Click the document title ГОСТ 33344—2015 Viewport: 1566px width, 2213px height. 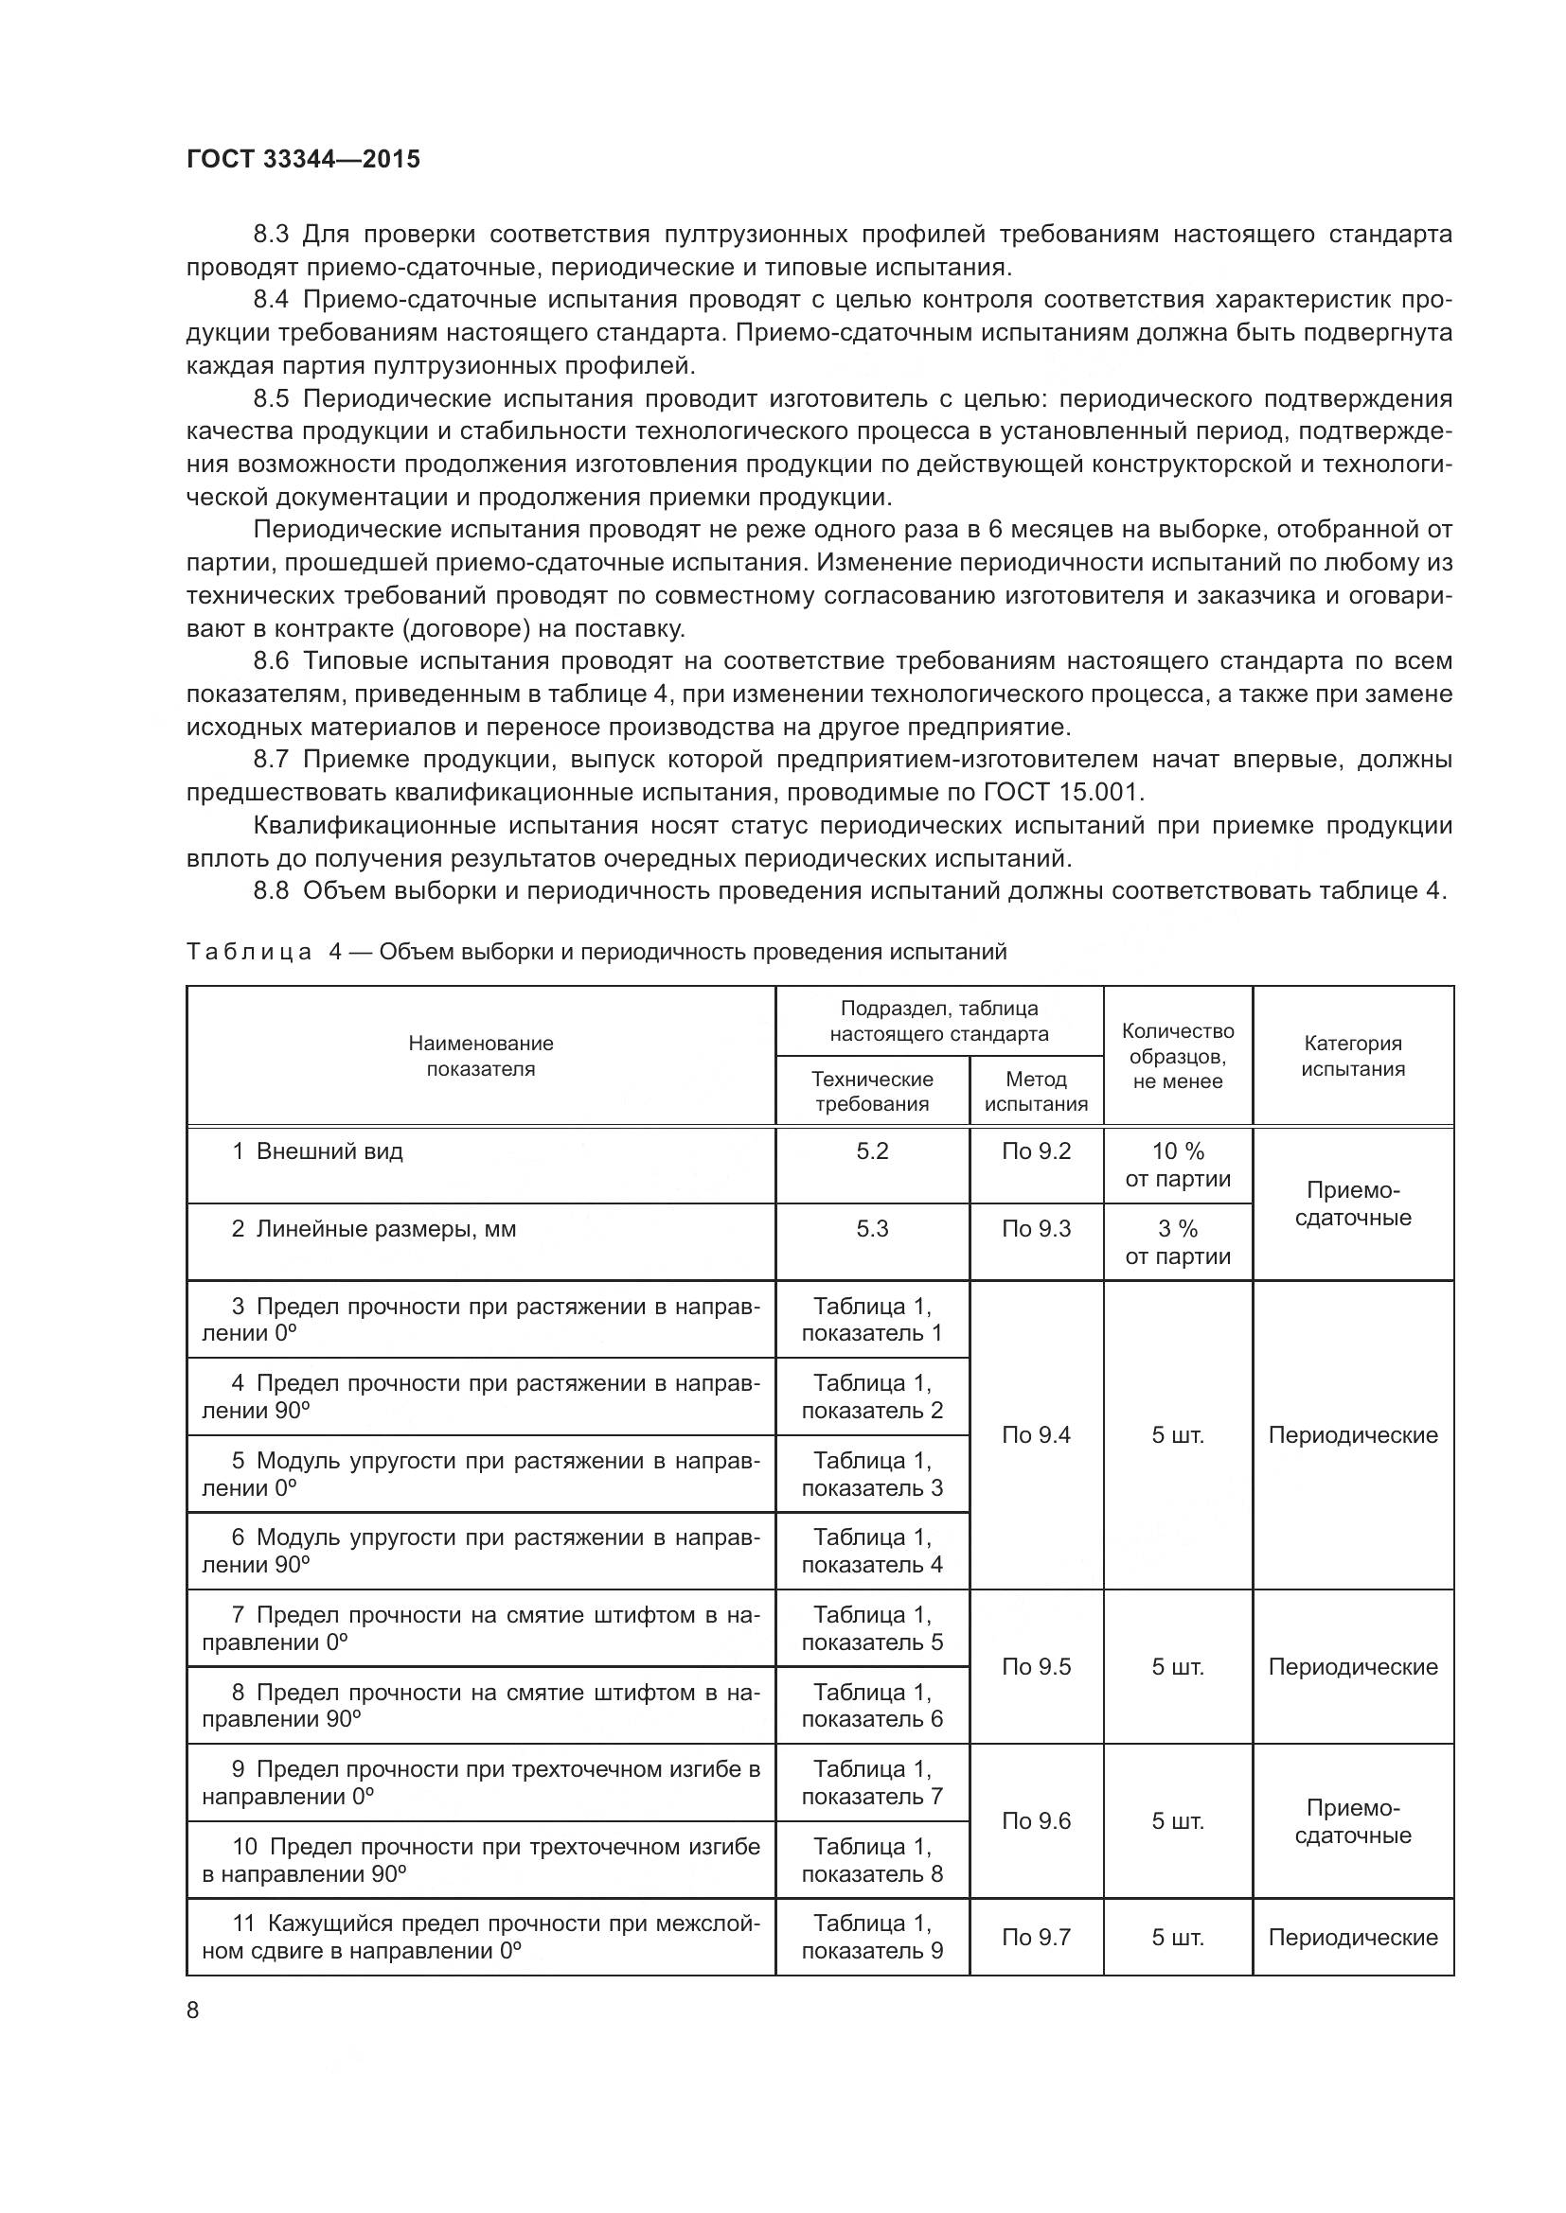(x=303, y=159)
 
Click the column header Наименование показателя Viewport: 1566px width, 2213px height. (x=480, y=1056)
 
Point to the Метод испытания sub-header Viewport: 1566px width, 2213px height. (x=1036, y=1091)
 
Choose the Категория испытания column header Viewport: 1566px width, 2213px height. (x=1352, y=1056)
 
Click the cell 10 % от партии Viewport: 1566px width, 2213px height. (x=1178, y=1165)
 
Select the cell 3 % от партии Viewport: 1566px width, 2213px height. (x=1178, y=1242)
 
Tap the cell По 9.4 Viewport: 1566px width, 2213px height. (x=1036, y=1435)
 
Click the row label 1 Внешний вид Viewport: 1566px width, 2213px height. (x=317, y=1150)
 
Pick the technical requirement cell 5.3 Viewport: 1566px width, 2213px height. (x=872, y=1229)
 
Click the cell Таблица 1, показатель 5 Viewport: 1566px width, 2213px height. (x=872, y=1628)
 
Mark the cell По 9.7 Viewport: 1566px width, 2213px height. (x=1036, y=1938)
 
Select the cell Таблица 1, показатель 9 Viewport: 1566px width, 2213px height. (x=872, y=1938)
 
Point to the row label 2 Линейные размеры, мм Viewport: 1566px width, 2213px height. (x=373, y=1229)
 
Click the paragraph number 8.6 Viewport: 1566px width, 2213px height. (x=271, y=661)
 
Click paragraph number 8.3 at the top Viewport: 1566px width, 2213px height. (x=271, y=235)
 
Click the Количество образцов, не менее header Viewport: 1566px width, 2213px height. (x=1178, y=1056)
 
